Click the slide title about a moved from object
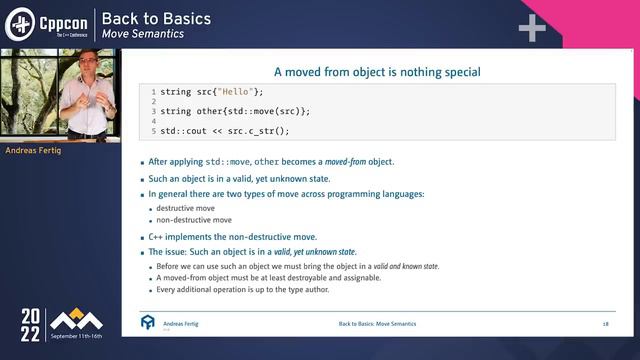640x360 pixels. [377, 72]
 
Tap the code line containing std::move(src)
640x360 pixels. [235, 111]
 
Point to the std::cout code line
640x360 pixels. [225, 130]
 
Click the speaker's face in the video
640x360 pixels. [86, 69]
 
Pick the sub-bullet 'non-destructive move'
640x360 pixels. [194, 220]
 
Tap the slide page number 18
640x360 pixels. [605, 325]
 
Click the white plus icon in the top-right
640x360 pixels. [531, 27]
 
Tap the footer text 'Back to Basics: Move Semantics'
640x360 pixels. [377, 325]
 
